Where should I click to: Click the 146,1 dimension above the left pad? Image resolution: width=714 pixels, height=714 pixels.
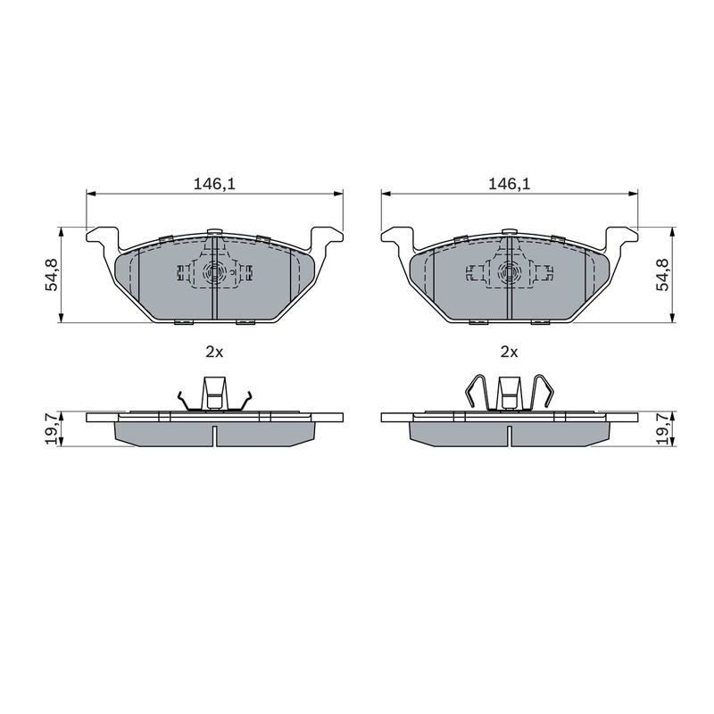click(x=214, y=184)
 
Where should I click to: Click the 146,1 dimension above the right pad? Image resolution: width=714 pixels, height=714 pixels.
click(x=509, y=184)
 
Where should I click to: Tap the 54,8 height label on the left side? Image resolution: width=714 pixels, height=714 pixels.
click(x=52, y=274)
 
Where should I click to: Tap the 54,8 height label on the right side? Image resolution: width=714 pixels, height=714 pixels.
click(x=663, y=274)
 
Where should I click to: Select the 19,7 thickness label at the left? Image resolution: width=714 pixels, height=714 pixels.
click(x=52, y=428)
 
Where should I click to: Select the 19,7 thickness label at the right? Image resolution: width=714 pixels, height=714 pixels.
click(x=663, y=428)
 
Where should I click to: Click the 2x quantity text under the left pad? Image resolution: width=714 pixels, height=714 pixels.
click(x=214, y=352)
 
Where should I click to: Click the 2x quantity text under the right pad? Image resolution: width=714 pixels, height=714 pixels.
click(x=509, y=352)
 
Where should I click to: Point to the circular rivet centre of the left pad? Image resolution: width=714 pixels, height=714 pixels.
click(x=214, y=273)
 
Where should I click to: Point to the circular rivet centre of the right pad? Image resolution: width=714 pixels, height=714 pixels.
click(x=509, y=273)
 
